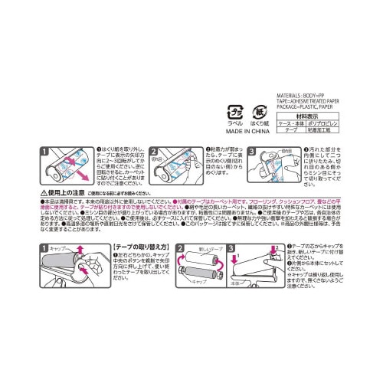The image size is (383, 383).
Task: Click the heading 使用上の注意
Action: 67,194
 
